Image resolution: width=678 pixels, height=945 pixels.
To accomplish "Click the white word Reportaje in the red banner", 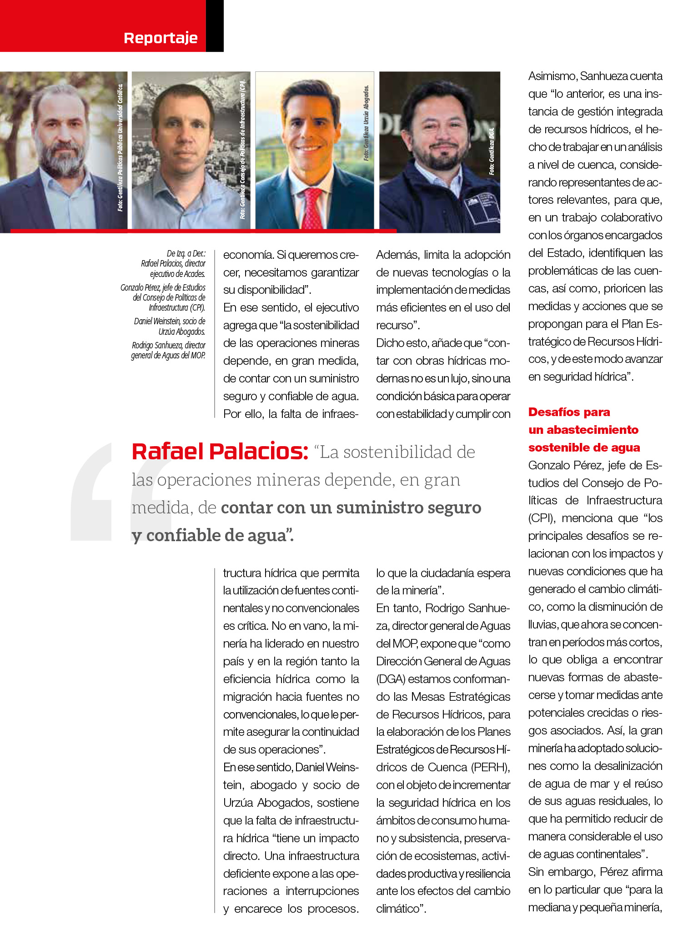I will coord(161,38).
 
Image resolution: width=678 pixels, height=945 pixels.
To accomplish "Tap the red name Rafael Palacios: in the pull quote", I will coord(220,452).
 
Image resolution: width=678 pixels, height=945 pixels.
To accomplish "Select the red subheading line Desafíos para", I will coord(569,412).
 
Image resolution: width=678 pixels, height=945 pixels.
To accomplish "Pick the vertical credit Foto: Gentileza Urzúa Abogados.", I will coord(367,123).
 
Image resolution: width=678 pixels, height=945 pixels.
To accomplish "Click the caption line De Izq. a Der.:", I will coord(186,253).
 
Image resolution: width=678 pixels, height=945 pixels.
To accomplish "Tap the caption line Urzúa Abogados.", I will coord(182,332).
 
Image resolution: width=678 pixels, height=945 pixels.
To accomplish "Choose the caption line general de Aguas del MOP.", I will coord(168,355).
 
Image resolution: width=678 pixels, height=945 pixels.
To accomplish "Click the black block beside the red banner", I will coord(215,25).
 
